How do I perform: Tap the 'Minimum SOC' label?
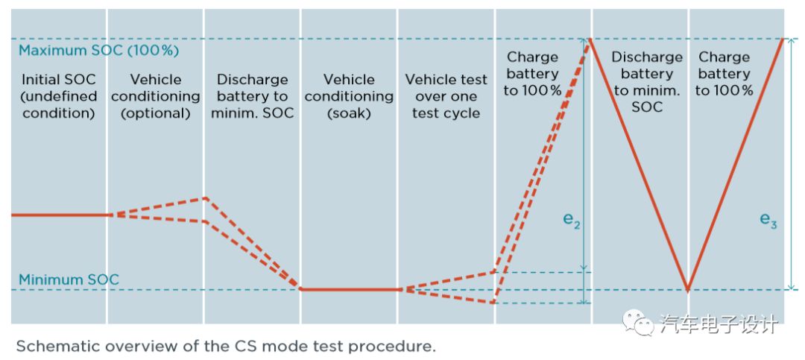click(x=69, y=280)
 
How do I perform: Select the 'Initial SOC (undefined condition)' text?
click(x=59, y=96)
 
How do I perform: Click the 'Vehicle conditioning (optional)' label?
click(x=155, y=96)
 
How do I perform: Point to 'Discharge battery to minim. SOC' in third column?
click(x=252, y=96)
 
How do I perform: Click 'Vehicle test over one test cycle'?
click(x=446, y=96)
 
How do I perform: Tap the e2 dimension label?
click(x=571, y=220)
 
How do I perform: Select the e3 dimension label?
click(x=768, y=220)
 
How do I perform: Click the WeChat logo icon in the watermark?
click(x=639, y=323)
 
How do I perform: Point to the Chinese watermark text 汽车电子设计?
click(x=719, y=323)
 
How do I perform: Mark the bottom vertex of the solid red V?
click(x=687, y=289)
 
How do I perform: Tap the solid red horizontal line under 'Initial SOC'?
click(x=60, y=215)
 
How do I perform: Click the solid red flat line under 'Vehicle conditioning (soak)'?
click(x=349, y=289)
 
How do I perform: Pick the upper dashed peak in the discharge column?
click(x=205, y=198)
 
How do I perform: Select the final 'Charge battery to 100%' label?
click(x=723, y=73)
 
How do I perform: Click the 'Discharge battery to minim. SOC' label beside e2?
click(x=646, y=82)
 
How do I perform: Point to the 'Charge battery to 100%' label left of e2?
click(x=532, y=73)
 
